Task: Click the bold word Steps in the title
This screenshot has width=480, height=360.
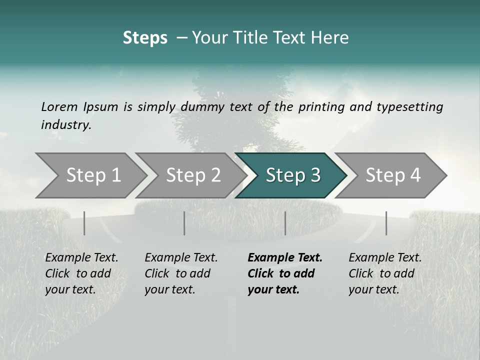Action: coord(145,38)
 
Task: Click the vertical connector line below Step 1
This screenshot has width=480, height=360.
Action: coord(84,223)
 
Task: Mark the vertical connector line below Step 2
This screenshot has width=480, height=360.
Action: coord(184,223)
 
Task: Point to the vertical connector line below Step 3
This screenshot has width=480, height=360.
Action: coord(285,223)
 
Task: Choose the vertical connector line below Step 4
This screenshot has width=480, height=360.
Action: coord(386,223)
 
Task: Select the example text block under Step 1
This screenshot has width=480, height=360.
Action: coord(81,273)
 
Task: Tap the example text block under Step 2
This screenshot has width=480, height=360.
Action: coord(181,273)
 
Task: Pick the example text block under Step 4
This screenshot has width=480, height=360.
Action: coord(385,273)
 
